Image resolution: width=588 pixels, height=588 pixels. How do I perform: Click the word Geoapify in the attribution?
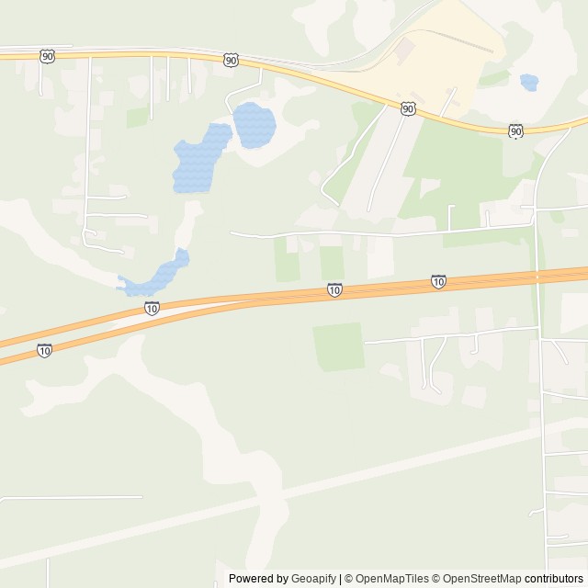313,579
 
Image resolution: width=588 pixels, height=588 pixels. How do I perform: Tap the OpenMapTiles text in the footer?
392,579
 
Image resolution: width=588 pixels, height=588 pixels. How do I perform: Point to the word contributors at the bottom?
554,579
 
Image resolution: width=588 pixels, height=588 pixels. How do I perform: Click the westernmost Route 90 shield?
47,57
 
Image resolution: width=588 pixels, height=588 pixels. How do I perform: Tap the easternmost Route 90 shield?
515,131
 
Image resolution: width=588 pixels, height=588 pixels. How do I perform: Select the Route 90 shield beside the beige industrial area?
407,108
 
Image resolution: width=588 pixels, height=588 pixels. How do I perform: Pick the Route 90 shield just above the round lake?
230,60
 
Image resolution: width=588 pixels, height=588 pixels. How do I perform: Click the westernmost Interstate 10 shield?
44,350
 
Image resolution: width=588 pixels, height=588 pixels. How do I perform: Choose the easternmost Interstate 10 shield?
438,281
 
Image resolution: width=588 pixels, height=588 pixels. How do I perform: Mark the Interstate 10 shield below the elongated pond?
152,309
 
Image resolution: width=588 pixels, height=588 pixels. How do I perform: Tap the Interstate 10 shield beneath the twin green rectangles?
334,290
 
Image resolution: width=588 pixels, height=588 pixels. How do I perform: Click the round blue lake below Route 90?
254,124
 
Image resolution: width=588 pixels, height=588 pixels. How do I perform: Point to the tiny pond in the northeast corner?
528,83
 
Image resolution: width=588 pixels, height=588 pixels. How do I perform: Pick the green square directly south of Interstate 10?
338,346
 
